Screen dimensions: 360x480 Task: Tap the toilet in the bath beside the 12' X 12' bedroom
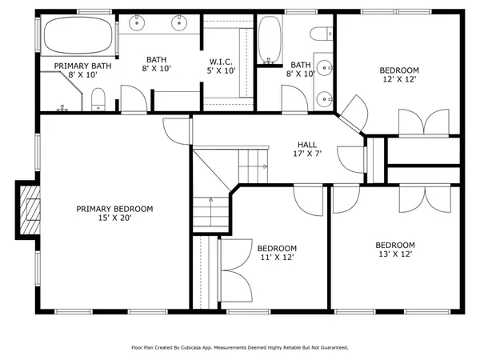click(322, 34)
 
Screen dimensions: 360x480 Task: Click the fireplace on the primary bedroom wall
click(30, 210)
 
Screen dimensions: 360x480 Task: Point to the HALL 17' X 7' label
click(307, 149)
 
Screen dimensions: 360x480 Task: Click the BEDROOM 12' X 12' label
click(398, 75)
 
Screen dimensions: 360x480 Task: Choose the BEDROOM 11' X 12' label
click(278, 253)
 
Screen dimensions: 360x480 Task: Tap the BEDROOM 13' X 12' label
click(395, 250)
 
